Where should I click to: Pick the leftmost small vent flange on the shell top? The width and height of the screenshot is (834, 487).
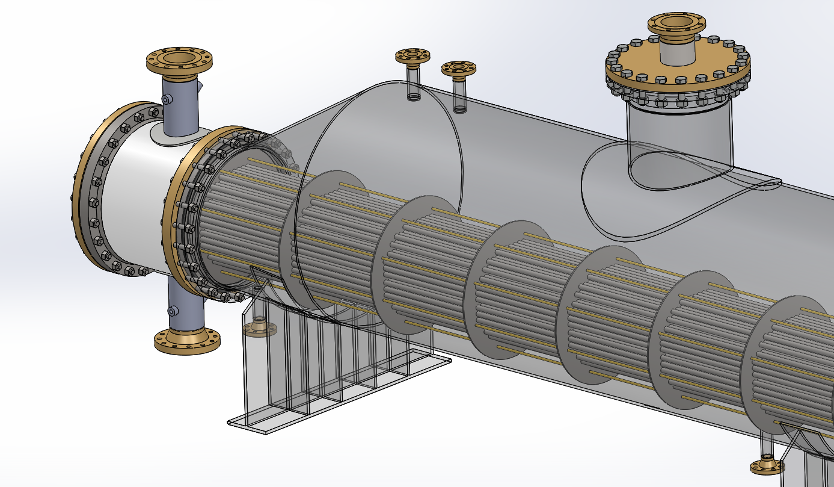pyautogui.click(x=412, y=56)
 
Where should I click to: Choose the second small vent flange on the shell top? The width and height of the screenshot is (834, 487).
pyautogui.click(x=459, y=68)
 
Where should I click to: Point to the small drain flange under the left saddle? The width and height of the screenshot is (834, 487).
pyautogui.click(x=259, y=328)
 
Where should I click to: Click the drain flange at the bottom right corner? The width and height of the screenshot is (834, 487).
pyautogui.click(x=767, y=466)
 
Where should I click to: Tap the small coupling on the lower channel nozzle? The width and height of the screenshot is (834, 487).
pyautogui.click(x=173, y=311)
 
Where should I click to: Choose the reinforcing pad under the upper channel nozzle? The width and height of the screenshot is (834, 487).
pyautogui.click(x=174, y=135)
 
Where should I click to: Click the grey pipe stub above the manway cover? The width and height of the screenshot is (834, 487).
pyautogui.click(x=676, y=51)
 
